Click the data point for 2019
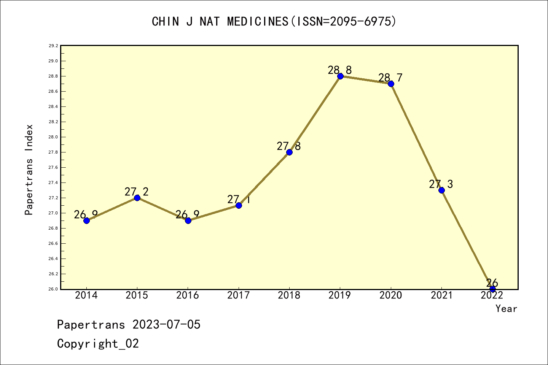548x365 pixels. click(x=340, y=76)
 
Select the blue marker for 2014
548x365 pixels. click(x=86, y=221)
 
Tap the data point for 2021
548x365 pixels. click(x=441, y=190)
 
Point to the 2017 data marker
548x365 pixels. click(x=239, y=205)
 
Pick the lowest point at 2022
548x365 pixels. click(x=492, y=289)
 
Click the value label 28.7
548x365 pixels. click(x=390, y=78)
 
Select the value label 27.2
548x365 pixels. click(x=136, y=192)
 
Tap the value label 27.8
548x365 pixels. click(x=288, y=146)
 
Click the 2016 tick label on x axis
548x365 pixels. click(x=188, y=295)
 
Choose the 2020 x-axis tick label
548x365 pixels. click(x=390, y=295)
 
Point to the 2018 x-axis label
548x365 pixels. click(x=289, y=295)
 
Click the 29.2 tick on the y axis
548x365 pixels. click(x=53, y=46)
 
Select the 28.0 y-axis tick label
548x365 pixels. click(x=53, y=137)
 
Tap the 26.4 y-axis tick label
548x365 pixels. click(x=53, y=259)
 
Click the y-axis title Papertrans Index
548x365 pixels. click(x=29, y=170)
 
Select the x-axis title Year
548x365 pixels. click(x=506, y=309)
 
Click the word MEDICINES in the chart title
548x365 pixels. click(x=258, y=22)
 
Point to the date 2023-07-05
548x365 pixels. click(x=166, y=325)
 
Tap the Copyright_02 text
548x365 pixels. click(x=98, y=344)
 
